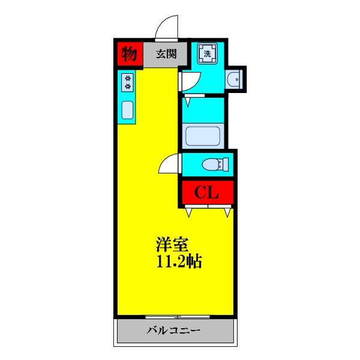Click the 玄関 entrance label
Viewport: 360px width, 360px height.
click(x=166, y=54)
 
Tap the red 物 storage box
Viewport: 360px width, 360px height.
click(x=128, y=54)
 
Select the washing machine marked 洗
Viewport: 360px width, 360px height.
click(x=208, y=53)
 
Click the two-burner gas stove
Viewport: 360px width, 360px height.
click(x=128, y=82)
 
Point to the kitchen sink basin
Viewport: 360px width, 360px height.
click(x=128, y=110)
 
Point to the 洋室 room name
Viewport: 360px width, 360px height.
click(x=173, y=245)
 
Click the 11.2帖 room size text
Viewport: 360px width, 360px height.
click(x=178, y=262)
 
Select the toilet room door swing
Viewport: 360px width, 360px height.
click(x=172, y=163)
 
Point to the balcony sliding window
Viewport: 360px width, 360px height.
click(x=178, y=316)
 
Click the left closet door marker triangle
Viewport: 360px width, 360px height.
click(x=190, y=212)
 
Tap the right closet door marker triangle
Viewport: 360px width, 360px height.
click(x=227, y=212)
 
